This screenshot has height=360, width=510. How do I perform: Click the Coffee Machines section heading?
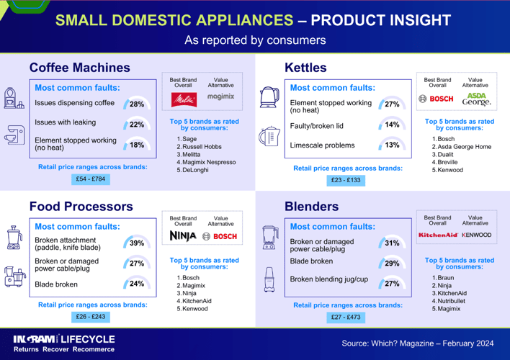(79, 68)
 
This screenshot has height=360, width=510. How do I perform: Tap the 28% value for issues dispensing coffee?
(137, 104)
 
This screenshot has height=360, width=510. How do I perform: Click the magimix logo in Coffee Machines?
(220, 96)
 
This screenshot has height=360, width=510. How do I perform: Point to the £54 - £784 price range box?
(90, 179)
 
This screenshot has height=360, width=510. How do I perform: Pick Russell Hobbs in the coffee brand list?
(203, 146)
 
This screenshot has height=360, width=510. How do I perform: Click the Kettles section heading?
(305, 68)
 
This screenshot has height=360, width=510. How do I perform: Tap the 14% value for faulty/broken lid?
(392, 125)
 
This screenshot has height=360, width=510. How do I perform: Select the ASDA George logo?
(475, 99)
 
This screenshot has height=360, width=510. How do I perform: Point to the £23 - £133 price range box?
(345, 180)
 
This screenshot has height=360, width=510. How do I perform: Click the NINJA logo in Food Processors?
(183, 236)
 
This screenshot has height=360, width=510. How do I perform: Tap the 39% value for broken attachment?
(137, 243)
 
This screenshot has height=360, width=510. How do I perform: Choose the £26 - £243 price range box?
(90, 316)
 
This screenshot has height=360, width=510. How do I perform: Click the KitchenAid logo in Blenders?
(439, 235)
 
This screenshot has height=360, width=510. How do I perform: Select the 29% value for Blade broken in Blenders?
(392, 264)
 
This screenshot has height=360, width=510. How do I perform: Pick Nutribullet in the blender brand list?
(452, 300)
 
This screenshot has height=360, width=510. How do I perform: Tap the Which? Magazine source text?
(418, 343)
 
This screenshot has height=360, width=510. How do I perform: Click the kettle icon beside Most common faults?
(269, 96)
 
